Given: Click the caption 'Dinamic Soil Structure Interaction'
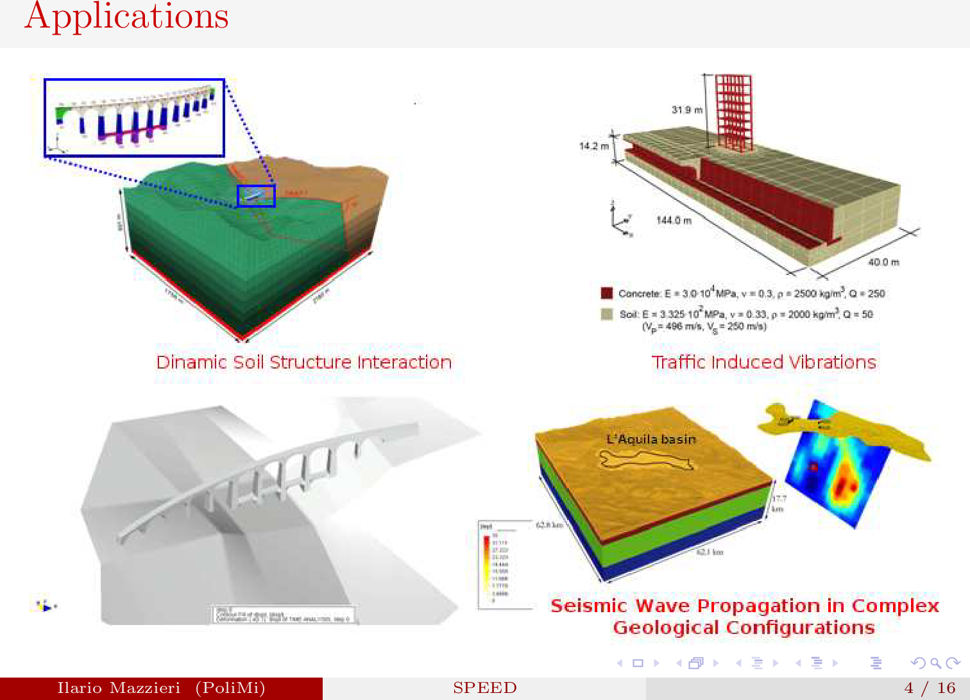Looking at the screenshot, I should click(x=303, y=362).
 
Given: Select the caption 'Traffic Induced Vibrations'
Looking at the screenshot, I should click(x=763, y=362).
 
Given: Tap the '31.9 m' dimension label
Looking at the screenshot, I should click(x=686, y=110).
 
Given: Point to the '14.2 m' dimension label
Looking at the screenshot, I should click(x=593, y=146).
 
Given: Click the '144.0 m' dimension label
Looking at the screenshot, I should click(x=674, y=221).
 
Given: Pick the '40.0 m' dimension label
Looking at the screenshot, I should click(x=883, y=262).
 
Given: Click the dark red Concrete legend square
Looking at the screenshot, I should click(x=606, y=294).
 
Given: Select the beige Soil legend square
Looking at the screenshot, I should click(x=606, y=314).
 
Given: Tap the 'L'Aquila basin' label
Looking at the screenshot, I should click(x=651, y=439).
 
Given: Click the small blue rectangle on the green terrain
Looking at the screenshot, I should click(x=256, y=196).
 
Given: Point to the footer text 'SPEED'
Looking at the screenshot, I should click(x=484, y=688).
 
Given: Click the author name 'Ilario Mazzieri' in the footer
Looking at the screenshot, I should click(x=119, y=688).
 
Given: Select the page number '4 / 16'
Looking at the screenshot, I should click(x=930, y=688).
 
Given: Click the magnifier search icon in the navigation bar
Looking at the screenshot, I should click(x=935, y=663).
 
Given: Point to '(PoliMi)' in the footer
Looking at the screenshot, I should click(x=230, y=688).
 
